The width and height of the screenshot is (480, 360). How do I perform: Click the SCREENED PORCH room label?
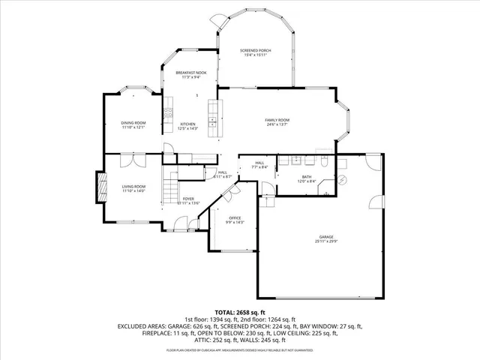pyautogui.click(x=255, y=50)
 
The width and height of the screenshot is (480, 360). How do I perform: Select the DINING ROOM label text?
pyautogui.click(x=133, y=123)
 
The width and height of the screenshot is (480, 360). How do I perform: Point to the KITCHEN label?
pyautogui.click(x=187, y=124)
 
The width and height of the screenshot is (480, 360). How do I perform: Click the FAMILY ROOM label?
pyautogui.click(x=277, y=120)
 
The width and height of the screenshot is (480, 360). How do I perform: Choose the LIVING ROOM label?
pyautogui.click(x=133, y=187)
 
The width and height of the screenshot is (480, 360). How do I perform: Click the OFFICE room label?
pyautogui.click(x=235, y=218)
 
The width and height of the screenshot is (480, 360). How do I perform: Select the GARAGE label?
pyautogui.click(x=326, y=236)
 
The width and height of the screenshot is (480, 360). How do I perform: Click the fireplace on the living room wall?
pyautogui.click(x=97, y=187)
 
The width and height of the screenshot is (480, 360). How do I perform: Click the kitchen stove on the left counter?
pyautogui.click(x=169, y=114)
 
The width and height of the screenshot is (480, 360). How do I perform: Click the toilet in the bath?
pyautogui.click(x=323, y=163)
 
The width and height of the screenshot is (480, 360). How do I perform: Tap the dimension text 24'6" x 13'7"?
pyautogui.click(x=277, y=124)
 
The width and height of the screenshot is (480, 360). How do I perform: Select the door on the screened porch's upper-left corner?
pyautogui.click(x=216, y=22)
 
